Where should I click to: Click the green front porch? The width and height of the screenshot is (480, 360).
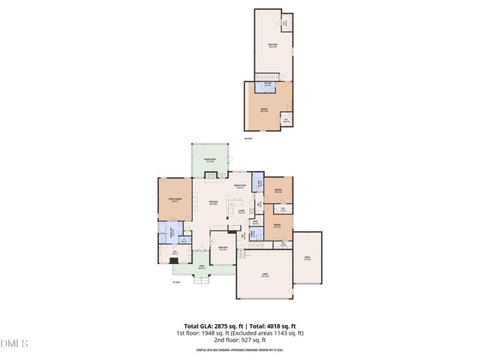(x=201, y=270)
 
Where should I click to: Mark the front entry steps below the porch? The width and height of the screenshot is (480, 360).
(x=201, y=282)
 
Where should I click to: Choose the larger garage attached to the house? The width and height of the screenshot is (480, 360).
(x=264, y=275)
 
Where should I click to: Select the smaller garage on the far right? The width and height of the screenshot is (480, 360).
(x=307, y=257)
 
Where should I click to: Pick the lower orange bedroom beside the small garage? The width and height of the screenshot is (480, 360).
(x=277, y=227)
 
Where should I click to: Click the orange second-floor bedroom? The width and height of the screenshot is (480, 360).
(x=264, y=110)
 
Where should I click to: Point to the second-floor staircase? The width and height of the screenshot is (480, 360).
(x=265, y=77)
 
